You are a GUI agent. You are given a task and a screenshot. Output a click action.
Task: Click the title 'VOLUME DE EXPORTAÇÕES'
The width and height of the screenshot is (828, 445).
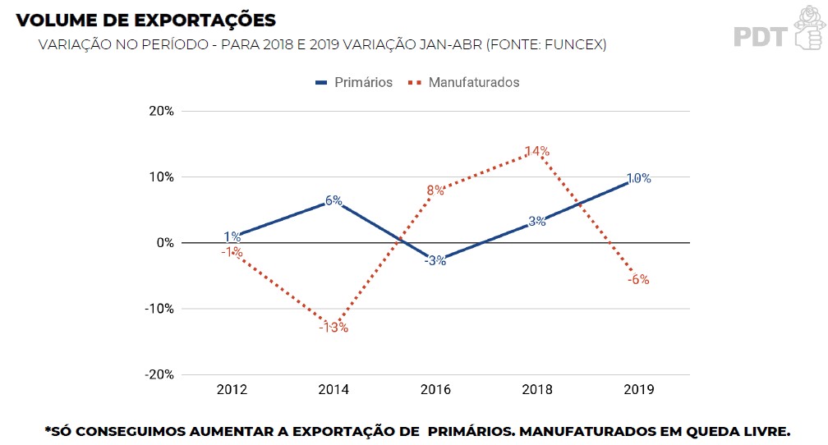pyautogui.click(x=146, y=20)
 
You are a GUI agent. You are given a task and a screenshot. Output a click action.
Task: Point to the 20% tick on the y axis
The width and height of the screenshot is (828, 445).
pyautogui.click(x=162, y=112)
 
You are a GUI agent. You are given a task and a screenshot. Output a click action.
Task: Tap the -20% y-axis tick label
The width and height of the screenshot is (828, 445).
pyautogui.click(x=160, y=374)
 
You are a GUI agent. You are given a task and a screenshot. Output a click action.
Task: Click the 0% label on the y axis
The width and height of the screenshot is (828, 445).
pyautogui.click(x=165, y=243)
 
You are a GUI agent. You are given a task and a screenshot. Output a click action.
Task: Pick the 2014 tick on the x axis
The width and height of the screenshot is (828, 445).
pyautogui.click(x=333, y=390)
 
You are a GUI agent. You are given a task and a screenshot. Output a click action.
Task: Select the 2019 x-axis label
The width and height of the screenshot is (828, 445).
pyautogui.click(x=638, y=390)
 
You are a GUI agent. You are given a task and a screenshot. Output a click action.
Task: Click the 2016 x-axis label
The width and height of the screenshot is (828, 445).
pyautogui.click(x=435, y=390)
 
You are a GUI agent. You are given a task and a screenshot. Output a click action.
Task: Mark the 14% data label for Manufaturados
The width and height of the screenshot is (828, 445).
pyautogui.click(x=537, y=151)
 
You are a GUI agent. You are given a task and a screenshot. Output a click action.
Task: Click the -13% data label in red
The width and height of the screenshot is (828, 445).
pyautogui.click(x=333, y=328)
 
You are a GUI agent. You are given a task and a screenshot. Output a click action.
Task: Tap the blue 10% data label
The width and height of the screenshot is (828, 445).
pyautogui.click(x=638, y=178)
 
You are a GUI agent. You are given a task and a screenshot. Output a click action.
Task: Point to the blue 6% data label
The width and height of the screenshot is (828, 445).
pyautogui.click(x=333, y=200)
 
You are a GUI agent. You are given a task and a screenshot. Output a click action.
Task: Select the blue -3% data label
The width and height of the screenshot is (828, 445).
pyautogui.click(x=435, y=261)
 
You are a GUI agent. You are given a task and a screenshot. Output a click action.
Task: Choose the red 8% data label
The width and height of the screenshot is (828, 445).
pyautogui.click(x=435, y=190)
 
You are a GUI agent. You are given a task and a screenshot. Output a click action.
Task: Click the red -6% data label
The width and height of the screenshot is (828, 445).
pyautogui.click(x=638, y=279)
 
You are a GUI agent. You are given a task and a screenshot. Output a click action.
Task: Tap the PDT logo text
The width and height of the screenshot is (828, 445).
pyautogui.click(x=760, y=37)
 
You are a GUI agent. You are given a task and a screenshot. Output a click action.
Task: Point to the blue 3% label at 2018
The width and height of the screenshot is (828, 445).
pyautogui.click(x=537, y=221)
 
